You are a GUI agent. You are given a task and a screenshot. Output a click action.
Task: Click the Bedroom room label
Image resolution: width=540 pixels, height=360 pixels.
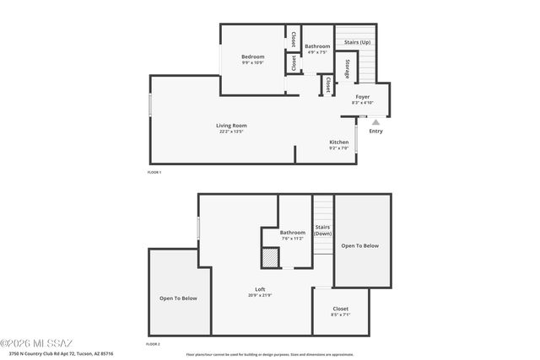click(252, 57)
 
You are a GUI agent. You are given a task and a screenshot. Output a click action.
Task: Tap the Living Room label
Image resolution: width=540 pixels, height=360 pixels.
click(231, 126)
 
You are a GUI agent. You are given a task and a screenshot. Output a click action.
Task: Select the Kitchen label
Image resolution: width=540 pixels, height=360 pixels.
click(338, 142)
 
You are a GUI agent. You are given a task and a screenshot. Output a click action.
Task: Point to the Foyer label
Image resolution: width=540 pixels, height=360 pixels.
click(362, 97)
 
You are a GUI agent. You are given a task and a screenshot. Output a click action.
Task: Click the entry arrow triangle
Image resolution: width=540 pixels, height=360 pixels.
click(375, 121)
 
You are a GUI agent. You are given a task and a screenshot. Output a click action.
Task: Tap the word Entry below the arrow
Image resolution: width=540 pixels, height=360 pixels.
click(375, 131)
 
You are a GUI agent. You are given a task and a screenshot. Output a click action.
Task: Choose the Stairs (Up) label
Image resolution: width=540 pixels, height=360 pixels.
click(357, 42)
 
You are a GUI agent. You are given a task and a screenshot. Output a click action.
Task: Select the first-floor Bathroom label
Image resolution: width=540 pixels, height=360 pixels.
click(317, 46)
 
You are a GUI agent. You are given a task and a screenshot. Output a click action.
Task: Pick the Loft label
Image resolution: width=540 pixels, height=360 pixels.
click(260, 289)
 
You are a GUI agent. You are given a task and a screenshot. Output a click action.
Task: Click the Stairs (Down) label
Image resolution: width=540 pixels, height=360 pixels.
click(322, 229)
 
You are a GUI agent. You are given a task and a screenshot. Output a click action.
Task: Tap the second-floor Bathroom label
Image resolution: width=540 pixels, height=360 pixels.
click(293, 232)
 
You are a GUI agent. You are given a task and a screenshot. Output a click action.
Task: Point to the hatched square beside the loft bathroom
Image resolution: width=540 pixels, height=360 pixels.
click(269, 256)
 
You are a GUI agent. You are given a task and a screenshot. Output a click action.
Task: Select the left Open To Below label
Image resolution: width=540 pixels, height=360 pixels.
click(178, 298)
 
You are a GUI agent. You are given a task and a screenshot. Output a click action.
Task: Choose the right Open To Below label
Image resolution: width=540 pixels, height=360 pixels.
click(359, 246)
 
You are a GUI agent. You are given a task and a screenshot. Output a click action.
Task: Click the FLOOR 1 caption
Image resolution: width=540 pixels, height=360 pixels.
click(154, 172)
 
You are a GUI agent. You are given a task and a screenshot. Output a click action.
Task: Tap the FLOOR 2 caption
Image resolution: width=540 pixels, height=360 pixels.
click(153, 345)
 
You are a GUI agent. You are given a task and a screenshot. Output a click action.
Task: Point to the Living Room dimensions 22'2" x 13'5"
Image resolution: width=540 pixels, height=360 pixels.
click(231, 132)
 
